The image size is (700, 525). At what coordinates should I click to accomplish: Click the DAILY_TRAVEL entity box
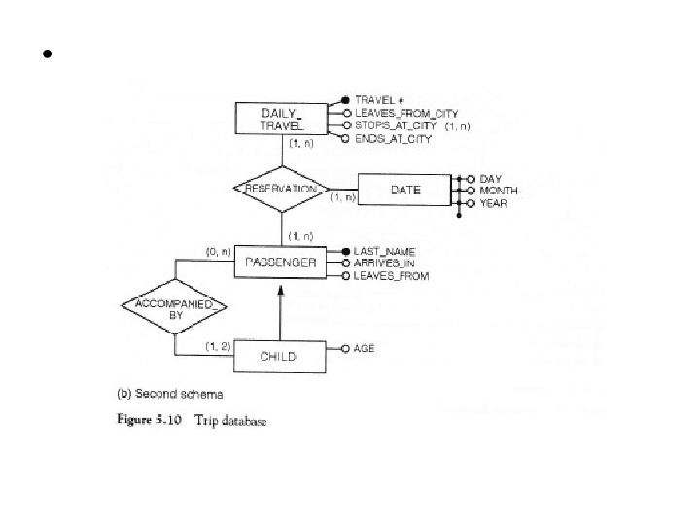pos(283,119)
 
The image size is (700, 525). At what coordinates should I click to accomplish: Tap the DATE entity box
pos(404,190)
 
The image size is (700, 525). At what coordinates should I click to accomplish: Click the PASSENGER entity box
pos(281,262)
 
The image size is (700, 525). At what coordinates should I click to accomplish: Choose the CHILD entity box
pos(277,357)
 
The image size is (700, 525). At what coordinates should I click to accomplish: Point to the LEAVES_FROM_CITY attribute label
pos(406,113)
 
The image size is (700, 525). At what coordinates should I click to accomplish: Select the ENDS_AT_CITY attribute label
pos(394,140)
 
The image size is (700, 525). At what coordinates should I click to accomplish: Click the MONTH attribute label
pos(500,191)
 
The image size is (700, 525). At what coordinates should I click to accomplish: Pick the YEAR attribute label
pos(494,203)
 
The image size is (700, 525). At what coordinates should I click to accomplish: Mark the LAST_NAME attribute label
pos(386,251)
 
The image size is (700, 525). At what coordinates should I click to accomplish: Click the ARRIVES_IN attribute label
pos(384,263)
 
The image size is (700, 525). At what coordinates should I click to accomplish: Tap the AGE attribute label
pos(365,347)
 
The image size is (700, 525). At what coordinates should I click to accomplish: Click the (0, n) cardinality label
pos(217,251)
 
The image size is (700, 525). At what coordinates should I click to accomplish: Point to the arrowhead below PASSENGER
pos(281,289)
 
